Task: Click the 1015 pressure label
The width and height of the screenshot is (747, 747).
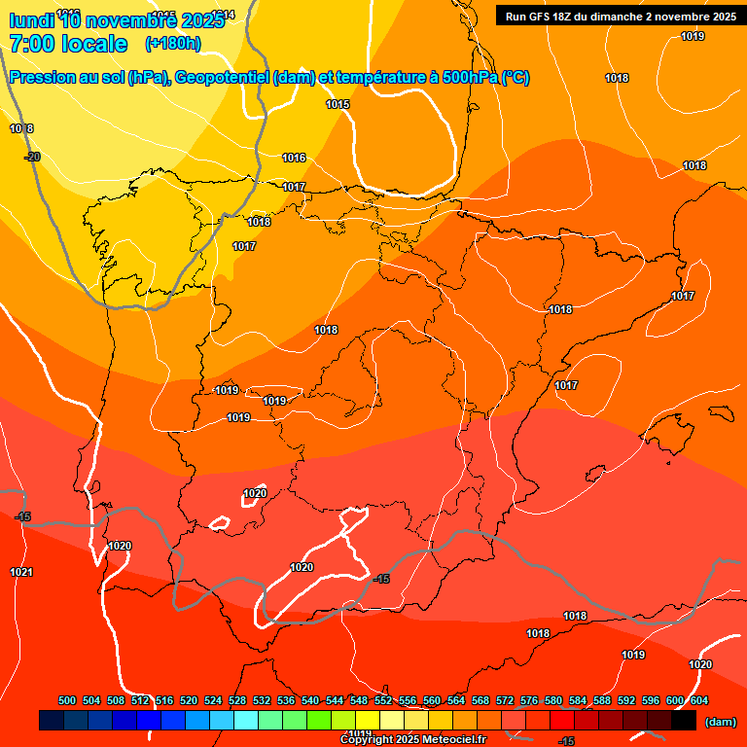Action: (x=338, y=104)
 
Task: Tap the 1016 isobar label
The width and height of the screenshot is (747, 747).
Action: (x=294, y=158)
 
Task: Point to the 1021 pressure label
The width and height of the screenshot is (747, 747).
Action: (x=21, y=572)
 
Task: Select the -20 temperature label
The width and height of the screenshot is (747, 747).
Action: (x=32, y=157)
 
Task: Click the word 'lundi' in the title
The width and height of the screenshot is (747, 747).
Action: (x=31, y=18)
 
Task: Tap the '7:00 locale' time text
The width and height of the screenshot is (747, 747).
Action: (x=68, y=44)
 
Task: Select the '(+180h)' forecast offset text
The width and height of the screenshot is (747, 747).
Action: (x=172, y=44)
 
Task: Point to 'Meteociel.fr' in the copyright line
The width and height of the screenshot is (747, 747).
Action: (x=453, y=740)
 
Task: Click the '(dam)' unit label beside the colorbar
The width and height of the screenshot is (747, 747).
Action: (x=720, y=722)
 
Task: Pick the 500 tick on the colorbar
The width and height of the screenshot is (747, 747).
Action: (x=67, y=700)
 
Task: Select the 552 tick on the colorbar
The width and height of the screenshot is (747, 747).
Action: (x=383, y=700)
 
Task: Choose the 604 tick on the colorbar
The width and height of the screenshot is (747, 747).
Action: (x=699, y=700)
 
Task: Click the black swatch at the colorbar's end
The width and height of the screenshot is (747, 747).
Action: (x=684, y=721)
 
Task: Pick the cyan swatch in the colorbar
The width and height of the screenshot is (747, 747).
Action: (x=246, y=721)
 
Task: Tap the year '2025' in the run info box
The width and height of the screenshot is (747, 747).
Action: (x=720, y=17)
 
